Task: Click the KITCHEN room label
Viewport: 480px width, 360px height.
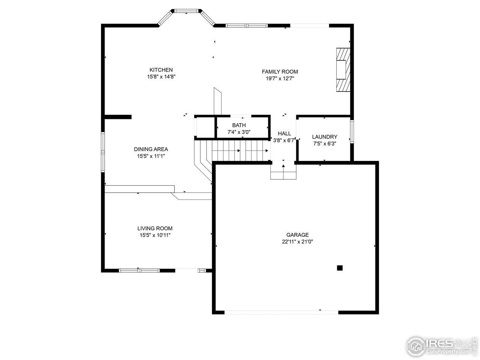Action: click(x=161, y=70)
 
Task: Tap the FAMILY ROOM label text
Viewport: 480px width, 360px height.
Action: click(x=280, y=72)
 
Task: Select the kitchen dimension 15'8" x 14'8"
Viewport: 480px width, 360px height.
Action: click(x=161, y=76)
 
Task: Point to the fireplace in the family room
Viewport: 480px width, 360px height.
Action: click(x=343, y=69)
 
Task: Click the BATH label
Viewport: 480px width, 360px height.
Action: click(x=239, y=125)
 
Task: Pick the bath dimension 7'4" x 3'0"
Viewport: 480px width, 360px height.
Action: click(x=239, y=132)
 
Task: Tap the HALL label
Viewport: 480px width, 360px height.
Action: click(x=284, y=133)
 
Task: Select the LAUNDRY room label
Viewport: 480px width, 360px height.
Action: click(x=325, y=137)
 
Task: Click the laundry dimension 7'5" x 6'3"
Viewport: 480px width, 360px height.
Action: click(x=325, y=143)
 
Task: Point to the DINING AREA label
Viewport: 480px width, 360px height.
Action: click(x=151, y=149)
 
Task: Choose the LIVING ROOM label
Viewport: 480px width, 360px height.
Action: click(x=155, y=228)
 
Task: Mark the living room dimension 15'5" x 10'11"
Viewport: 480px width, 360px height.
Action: click(x=155, y=235)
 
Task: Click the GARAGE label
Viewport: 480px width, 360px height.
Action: click(x=298, y=235)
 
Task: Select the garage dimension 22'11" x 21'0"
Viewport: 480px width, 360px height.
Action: click(x=298, y=242)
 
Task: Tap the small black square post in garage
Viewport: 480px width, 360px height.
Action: click(x=340, y=268)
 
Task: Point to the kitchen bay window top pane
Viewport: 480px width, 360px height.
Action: click(x=186, y=11)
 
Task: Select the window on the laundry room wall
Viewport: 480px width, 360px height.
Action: click(x=352, y=131)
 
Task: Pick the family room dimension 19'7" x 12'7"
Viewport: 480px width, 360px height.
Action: click(x=280, y=78)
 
